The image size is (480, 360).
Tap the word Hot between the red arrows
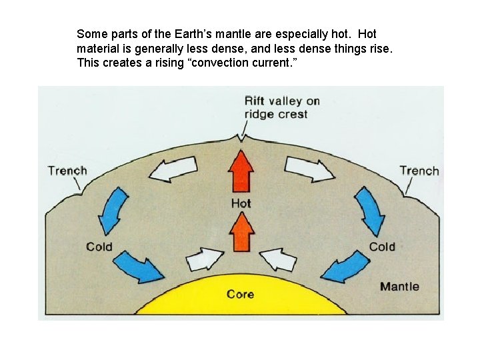[x=241, y=203]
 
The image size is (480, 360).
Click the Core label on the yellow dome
[x=240, y=294]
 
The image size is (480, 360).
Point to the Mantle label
[x=399, y=287]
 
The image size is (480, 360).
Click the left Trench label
[x=67, y=171]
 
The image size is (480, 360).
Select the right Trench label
[x=419, y=171]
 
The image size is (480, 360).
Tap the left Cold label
[x=99, y=247]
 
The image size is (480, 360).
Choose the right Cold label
[x=382, y=247]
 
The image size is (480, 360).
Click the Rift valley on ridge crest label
[x=282, y=108]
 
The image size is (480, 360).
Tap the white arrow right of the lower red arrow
[x=279, y=259]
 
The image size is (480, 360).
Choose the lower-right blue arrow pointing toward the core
[x=345, y=266]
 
